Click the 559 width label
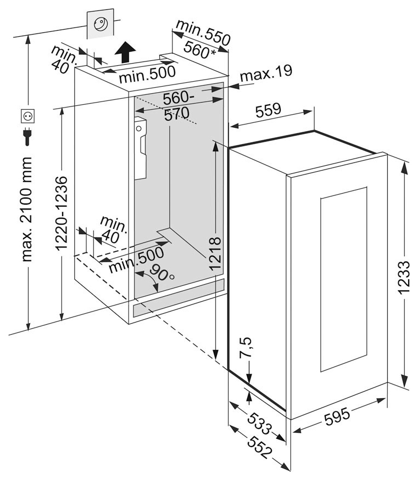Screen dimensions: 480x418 269,110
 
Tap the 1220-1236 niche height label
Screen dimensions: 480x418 62,214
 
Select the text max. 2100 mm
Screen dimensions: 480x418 26,209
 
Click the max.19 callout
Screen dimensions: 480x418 265,72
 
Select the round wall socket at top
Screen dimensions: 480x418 101,24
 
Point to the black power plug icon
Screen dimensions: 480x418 27,137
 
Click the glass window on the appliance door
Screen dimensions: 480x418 343,279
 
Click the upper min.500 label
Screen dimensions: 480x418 147,72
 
